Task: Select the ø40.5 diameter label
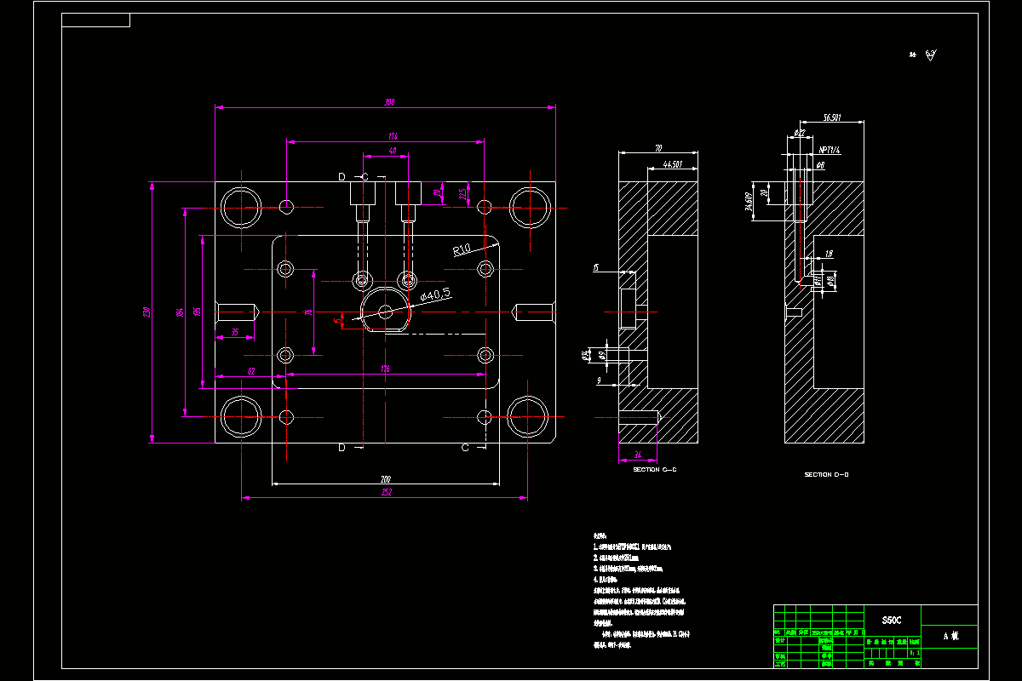[x=435, y=295]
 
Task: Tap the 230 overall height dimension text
[x=146, y=312]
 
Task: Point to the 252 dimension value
[x=386, y=493]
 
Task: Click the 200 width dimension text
[x=386, y=478]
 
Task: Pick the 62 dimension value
[x=251, y=370]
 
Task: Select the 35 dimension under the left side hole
[x=235, y=332]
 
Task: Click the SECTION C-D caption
[x=654, y=469]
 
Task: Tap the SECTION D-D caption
[x=826, y=474]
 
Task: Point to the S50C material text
[x=892, y=621]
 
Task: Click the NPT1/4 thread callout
[x=830, y=151]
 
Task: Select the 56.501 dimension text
[x=832, y=117]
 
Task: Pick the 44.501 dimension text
[x=673, y=163]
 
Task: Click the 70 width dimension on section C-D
[x=658, y=148]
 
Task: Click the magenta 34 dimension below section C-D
[x=638, y=455]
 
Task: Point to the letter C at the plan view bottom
[x=465, y=447]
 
